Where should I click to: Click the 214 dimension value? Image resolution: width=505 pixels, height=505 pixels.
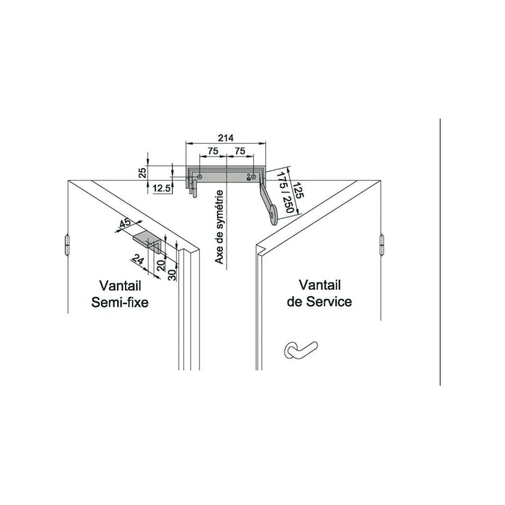coord(226,138)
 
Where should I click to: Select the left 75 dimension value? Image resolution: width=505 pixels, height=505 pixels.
coord(213,151)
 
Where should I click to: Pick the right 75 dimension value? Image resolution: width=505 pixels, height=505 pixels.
coord(240,151)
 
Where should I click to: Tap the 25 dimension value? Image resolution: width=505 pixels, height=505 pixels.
coord(143,172)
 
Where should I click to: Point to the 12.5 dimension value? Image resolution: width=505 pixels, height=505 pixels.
coord(162,188)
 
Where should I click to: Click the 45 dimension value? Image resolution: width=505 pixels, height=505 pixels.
coord(125,223)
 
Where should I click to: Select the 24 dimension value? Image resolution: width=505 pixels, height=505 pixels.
coord(138,259)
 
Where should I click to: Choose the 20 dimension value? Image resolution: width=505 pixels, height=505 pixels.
coord(161,264)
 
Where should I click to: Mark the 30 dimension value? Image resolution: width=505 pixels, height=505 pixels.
coord(172,275)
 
